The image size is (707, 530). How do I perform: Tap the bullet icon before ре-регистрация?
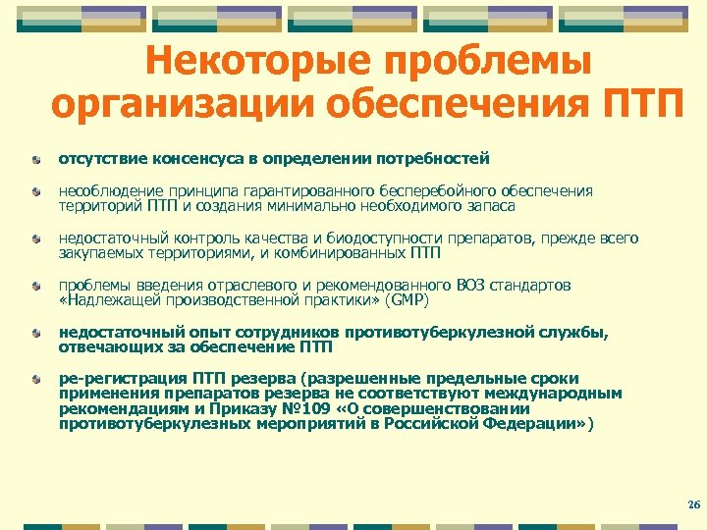(x=35, y=379)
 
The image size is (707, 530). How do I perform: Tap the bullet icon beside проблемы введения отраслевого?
(x=35, y=285)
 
